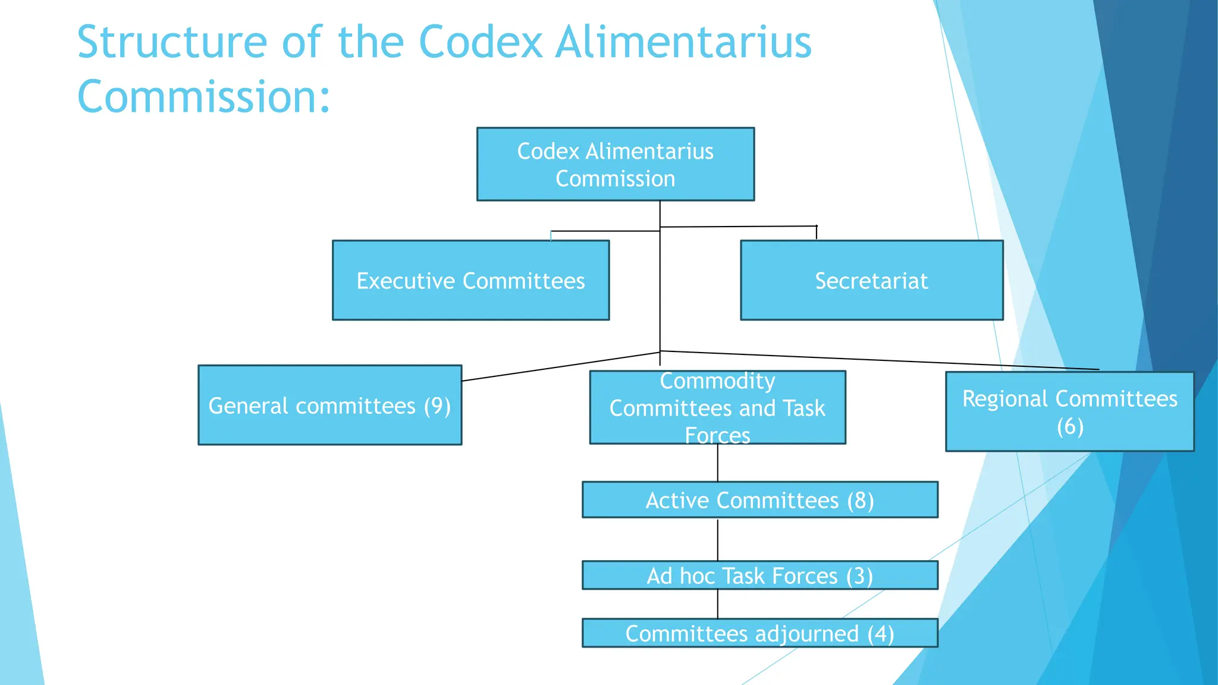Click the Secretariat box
click(x=871, y=281)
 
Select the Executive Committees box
click(x=470, y=281)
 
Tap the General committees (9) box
click(x=329, y=406)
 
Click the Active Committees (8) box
click(x=759, y=500)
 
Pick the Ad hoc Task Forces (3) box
click(x=759, y=576)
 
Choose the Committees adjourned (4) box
click(x=759, y=633)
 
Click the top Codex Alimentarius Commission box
click(x=615, y=165)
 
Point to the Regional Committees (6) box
click(x=1069, y=411)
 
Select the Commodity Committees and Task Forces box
click(x=717, y=408)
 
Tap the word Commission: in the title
click(x=203, y=96)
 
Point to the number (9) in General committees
click(x=437, y=406)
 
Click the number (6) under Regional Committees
click(x=1070, y=426)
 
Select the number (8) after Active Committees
click(x=861, y=501)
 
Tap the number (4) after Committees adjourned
click(x=880, y=634)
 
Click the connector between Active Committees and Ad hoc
click(x=718, y=539)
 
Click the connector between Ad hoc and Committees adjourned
click(x=718, y=604)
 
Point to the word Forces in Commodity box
click(x=717, y=436)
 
